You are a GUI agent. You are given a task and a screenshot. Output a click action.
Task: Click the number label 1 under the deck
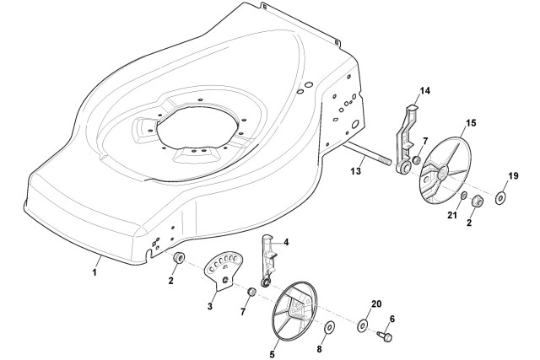[x=94, y=272]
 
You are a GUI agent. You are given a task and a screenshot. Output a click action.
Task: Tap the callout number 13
[x=356, y=170]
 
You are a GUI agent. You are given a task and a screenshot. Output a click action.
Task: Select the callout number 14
[x=424, y=91]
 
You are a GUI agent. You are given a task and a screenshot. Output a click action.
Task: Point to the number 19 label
[x=513, y=176]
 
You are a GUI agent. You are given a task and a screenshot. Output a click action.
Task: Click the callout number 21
[x=452, y=216]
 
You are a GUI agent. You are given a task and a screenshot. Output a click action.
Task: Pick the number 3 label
[x=210, y=306]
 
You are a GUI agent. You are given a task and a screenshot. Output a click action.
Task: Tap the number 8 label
[x=319, y=349]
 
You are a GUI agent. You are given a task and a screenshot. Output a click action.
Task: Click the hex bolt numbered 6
[x=385, y=336]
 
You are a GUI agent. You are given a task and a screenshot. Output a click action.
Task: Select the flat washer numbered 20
[x=363, y=325]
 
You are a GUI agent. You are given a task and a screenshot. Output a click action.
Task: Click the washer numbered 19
[x=499, y=199]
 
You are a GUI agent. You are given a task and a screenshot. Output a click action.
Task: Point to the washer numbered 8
[x=330, y=326]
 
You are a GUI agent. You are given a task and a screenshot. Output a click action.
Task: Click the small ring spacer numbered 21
[x=463, y=196]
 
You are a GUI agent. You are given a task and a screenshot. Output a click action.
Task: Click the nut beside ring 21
[x=478, y=201]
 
